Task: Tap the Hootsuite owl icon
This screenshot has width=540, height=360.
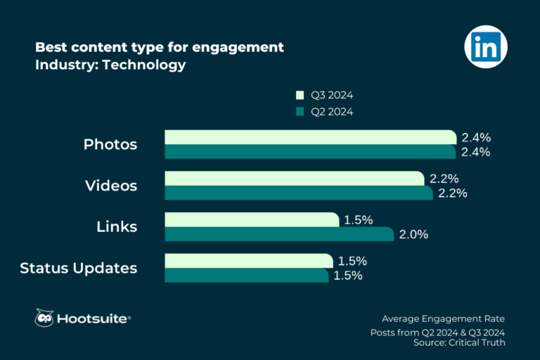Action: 45,318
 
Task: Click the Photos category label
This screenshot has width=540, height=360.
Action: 110,145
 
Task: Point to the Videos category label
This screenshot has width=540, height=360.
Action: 111,186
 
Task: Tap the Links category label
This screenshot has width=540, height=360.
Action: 117,227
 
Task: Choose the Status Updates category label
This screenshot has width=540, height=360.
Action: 79,268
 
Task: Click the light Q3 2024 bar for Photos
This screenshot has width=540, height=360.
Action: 310,137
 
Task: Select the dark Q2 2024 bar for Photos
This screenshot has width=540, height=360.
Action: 310,152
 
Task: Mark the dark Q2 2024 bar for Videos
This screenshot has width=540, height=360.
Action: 298,193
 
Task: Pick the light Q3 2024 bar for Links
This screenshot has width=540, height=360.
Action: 252,220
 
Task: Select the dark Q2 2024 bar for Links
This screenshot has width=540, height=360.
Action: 279,234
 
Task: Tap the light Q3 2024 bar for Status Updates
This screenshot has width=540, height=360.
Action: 248,261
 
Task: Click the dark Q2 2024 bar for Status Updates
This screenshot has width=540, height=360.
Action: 246,276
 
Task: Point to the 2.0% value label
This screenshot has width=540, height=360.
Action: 413,235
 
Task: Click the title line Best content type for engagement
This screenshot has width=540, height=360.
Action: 160,47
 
